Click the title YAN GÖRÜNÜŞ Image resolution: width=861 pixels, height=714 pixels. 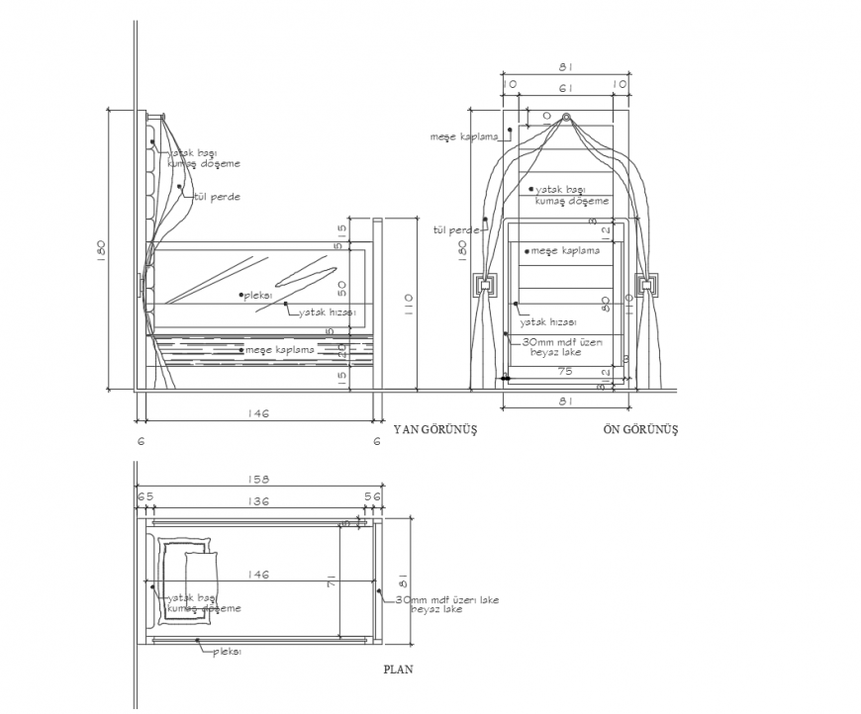435,430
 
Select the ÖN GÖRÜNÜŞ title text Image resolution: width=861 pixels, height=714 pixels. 640,430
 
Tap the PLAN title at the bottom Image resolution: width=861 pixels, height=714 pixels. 398,669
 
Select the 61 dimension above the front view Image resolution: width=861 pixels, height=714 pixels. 565,88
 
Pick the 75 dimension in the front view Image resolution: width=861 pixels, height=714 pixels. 566,372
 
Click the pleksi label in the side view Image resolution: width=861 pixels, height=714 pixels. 258,295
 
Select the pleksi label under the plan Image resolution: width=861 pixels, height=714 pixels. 228,652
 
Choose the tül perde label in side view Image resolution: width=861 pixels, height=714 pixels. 217,197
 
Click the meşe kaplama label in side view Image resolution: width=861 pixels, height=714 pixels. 280,350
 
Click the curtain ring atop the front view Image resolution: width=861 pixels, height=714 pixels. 566,119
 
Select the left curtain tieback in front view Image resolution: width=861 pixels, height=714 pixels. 486,288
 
